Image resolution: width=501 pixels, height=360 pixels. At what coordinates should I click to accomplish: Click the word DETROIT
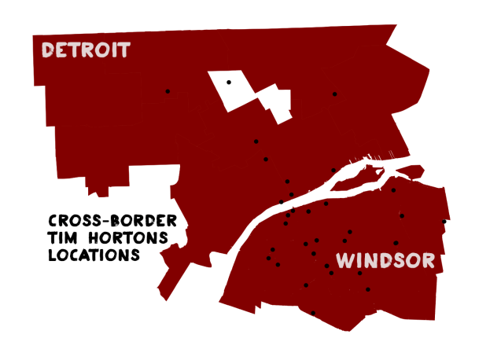tap(86, 51)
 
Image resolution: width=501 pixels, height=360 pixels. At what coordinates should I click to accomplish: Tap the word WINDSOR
tap(385, 261)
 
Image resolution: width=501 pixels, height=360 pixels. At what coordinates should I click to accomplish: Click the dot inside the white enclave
tap(229, 82)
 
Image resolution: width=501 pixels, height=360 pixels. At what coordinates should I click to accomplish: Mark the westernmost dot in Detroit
tap(168, 91)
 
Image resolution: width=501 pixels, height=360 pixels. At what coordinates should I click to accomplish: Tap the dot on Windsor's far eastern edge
tap(444, 222)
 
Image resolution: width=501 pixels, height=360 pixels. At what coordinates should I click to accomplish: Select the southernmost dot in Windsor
tap(313, 313)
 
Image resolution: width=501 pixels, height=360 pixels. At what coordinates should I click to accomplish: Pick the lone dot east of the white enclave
tap(334, 94)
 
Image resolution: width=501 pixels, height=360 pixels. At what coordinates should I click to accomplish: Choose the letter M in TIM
tap(75, 238)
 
